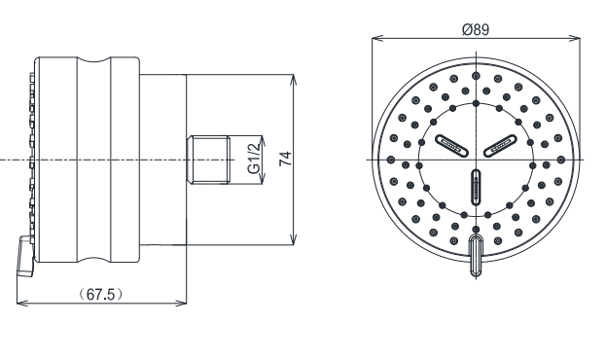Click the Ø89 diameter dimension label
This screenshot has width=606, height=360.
[x=476, y=29]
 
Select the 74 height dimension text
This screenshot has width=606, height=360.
[x=286, y=159]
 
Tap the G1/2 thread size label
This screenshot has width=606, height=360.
[x=253, y=159]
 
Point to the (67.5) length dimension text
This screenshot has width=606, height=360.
[x=100, y=294]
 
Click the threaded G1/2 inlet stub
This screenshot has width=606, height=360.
[x=208, y=160]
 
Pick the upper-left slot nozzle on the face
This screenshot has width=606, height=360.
[x=451, y=145]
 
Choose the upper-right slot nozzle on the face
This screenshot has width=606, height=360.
[x=500, y=145]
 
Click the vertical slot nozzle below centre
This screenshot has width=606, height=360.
[x=477, y=187]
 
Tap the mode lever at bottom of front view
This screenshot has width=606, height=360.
[x=477, y=255]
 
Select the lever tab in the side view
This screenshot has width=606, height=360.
[x=25, y=257]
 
